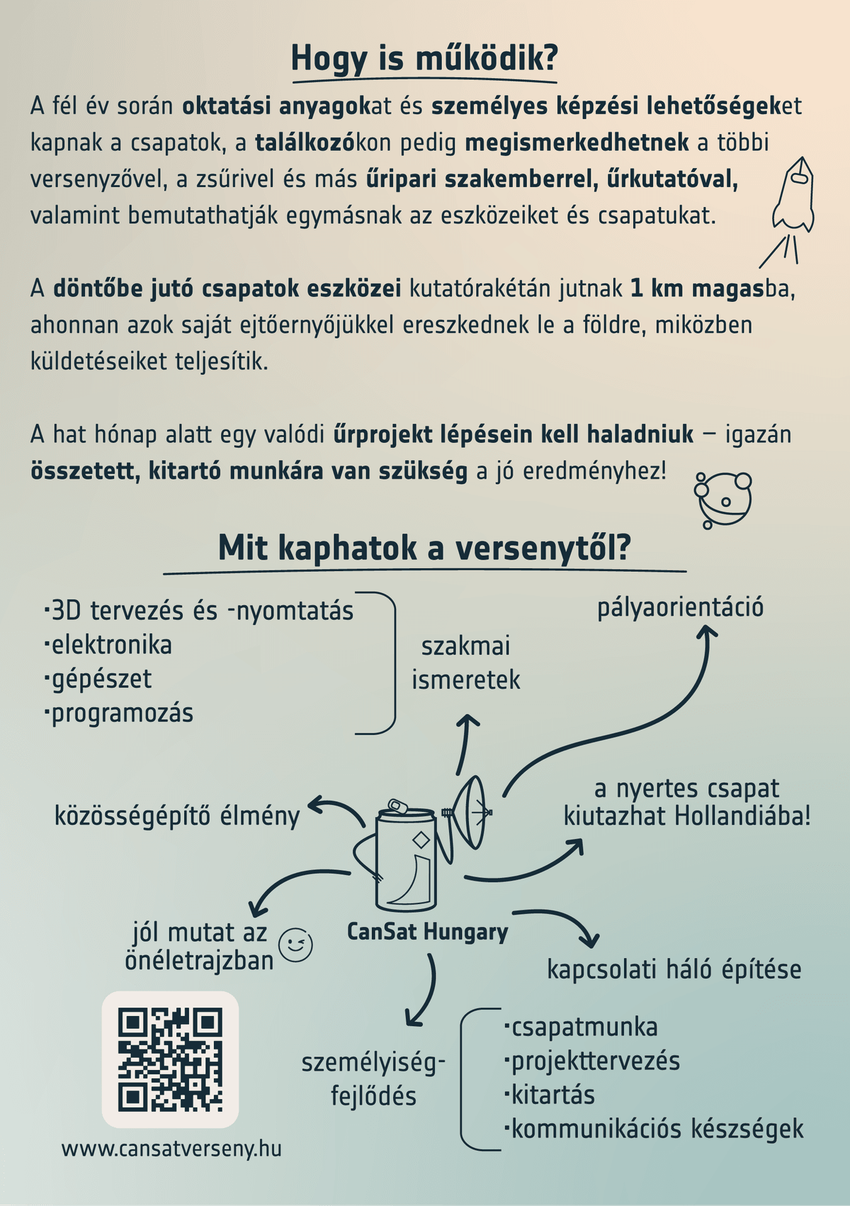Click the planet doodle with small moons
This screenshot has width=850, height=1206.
[722, 500]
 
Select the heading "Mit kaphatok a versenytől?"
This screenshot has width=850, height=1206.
[424, 548]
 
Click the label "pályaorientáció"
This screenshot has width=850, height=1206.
[680, 607]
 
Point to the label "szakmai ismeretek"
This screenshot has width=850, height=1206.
[465, 663]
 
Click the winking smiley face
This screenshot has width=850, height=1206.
[295, 945]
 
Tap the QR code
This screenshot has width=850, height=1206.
[170, 1059]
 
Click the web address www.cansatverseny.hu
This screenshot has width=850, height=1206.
[171, 1148]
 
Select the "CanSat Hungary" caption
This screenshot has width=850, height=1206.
[427, 931]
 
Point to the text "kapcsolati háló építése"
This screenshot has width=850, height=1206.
[674, 969]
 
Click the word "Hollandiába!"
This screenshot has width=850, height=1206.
[742, 816]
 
